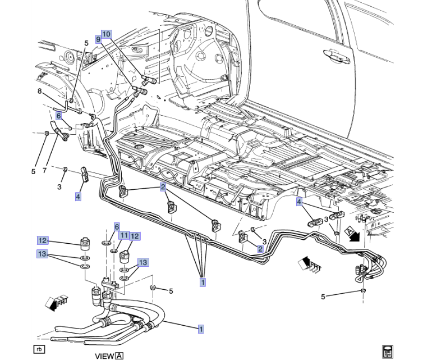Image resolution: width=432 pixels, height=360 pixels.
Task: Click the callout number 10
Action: click(x=107, y=33)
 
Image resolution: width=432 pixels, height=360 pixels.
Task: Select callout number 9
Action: click(x=98, y=40)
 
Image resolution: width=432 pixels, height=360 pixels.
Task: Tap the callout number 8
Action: click(x=40, y=92)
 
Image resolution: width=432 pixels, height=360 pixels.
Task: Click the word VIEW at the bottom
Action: click(x=104, y=355)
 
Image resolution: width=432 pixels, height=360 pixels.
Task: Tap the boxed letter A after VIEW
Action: click(x=119, y=355)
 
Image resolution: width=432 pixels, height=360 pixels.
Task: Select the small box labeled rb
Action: click(x=39, y=349)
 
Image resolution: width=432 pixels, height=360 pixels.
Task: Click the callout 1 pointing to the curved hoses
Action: click(x=200, y=330)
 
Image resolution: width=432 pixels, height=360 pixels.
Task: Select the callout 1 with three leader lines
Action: click(x=203, y=282)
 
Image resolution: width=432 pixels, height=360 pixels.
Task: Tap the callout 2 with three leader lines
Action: click(x=163, y=187)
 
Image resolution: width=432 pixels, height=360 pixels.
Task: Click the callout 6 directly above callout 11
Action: click(x=117, y=226)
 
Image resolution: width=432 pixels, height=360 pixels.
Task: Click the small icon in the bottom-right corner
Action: click(x=387, y=351)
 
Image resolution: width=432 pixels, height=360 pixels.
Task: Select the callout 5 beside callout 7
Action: click(x=33, y=171)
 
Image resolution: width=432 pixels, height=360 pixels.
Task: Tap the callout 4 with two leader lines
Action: click(x=300, y=202)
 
